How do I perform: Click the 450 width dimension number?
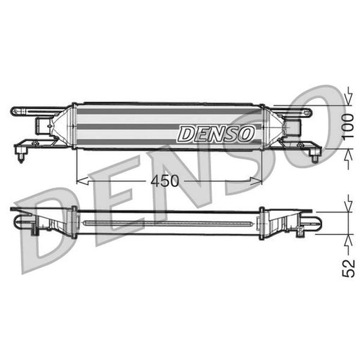[x=165, y=181]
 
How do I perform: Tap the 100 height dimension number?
[x=348, y=127]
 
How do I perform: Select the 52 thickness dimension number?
[x=349, y=268]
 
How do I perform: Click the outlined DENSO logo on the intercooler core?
[x=216, y=134]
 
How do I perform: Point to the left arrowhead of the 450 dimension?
[x=83, y=181]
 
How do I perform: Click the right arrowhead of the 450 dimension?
[x=256, y=181]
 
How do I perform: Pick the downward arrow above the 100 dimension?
[x=349, y=96]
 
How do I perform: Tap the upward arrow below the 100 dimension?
[x=349, y=159]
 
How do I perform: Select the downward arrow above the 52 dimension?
[x=349, y=203]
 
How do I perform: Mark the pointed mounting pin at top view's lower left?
[x=21, y=157]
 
